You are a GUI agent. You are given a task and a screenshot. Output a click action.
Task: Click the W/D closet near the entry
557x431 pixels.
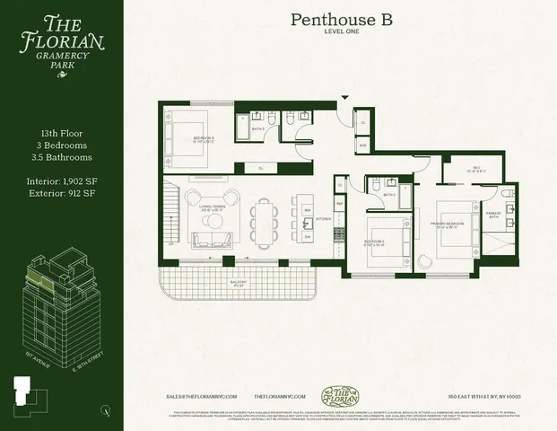(362, 144)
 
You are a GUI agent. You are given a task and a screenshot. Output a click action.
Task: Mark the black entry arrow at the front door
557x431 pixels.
(344, 99)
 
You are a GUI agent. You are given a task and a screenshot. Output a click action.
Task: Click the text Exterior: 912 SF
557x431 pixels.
(61, 189)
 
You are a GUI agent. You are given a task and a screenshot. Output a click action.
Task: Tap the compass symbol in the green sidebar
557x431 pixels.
(106, 410)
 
